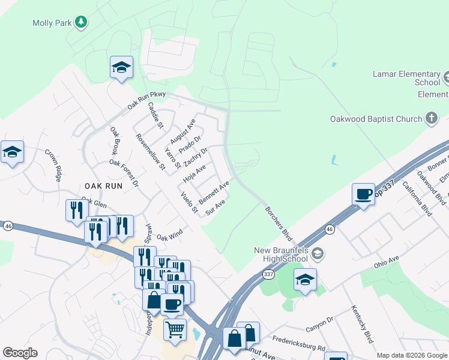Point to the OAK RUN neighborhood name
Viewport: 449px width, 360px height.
pos(103,186)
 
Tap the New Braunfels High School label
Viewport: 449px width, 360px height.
pos(281,254)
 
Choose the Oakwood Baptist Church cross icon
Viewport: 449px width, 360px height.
pos(432,118)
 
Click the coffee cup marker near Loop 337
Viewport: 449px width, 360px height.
pos(363,194)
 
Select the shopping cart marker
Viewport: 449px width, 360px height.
pos(175,329)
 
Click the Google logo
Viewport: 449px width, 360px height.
pos(20,352)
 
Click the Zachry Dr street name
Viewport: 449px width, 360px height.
pos(195,157)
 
